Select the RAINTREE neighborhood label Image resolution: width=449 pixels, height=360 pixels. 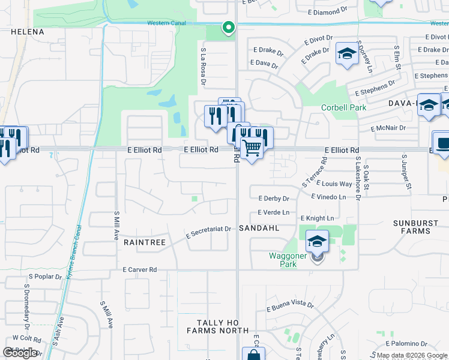coord(144,242)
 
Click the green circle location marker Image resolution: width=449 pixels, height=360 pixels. coord(228,27)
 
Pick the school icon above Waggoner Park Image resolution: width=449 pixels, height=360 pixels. coord(317,241)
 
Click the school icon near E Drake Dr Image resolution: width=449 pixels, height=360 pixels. coord(346,54)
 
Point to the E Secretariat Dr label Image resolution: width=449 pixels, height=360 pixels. coord(208,230)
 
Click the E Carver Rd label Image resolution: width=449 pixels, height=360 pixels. coord(139,270)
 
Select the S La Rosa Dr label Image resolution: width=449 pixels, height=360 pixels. coord(204,65)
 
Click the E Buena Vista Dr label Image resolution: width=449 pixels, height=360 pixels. coord(290,307)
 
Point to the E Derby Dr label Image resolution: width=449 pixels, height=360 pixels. coord(274,199)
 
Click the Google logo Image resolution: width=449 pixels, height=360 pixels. coord(20,353)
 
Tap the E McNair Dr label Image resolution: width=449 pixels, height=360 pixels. coord(388,128)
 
